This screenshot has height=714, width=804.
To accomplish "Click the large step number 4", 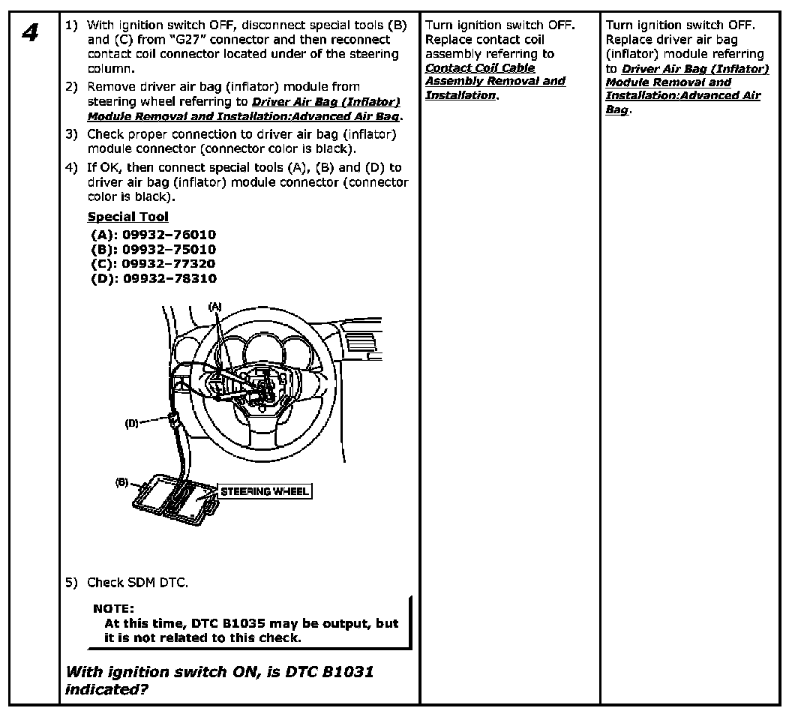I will [x=30, y=33].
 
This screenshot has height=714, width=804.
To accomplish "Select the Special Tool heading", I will [x=127, y=217].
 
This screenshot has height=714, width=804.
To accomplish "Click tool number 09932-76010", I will [x=169, y=235].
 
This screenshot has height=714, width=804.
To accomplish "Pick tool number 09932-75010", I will [x=169, y=249].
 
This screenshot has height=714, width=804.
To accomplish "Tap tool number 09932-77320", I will [x=169, y=263].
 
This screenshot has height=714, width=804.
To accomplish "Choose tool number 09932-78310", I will [x=169, y=278].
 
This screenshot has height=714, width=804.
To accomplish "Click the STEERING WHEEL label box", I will [x=264, y=491].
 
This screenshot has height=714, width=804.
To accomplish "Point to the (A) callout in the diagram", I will [x=215, y=306].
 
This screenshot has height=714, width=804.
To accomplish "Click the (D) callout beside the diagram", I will [x=132, y=423].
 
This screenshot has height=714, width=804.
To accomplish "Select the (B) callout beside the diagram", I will [x=121, y=482].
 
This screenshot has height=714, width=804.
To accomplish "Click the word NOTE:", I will [x=114, y=608].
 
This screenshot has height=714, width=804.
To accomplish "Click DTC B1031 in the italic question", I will [x=329, y=672].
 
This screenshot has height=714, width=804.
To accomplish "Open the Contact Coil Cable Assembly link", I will [x=495, y=81].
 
